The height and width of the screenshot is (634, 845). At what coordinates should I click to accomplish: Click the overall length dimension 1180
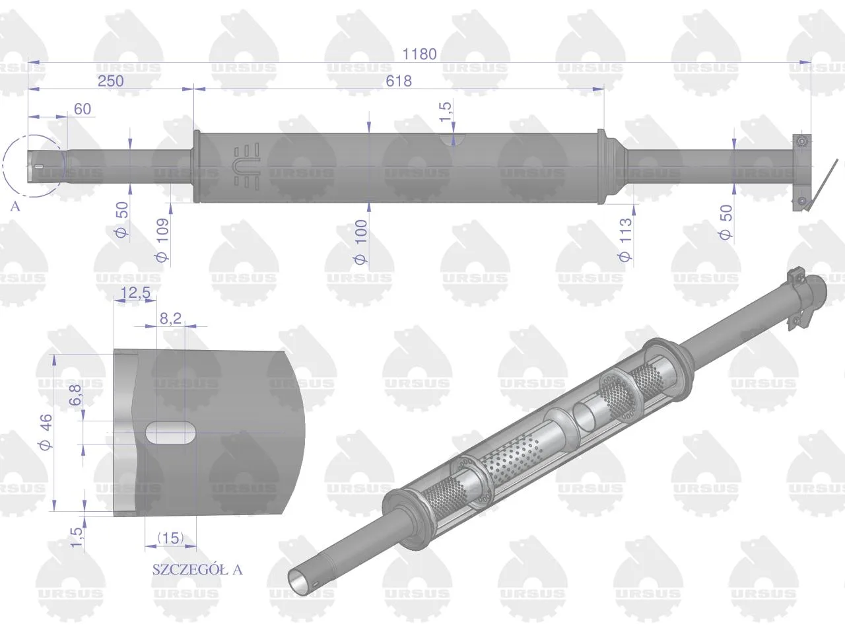coord(419,54)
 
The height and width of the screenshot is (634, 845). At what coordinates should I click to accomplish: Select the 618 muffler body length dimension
coord(399,81)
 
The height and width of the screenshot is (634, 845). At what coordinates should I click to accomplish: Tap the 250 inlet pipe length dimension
coord(111,81)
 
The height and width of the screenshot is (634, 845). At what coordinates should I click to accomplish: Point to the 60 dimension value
coord(83,109)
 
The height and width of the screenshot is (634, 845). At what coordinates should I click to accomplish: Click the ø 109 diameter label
coord(163,240)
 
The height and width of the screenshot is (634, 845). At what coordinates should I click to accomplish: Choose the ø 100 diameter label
coord(361,242)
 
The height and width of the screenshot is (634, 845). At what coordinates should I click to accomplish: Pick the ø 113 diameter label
coord(625,240)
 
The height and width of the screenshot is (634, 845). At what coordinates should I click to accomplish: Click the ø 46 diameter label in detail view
coord(46,431)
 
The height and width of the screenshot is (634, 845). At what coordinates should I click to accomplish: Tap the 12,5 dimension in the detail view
coord(135,293)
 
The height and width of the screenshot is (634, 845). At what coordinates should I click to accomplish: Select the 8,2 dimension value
coord(170,318)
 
